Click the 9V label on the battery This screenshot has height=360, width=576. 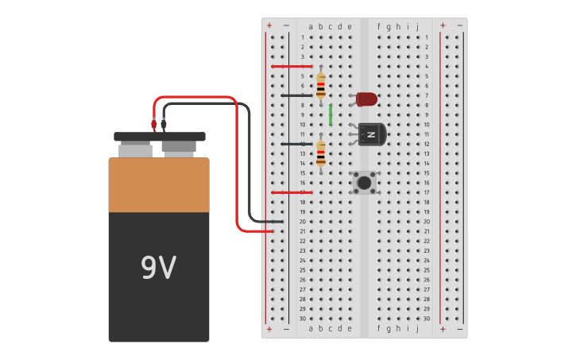click(158, 269)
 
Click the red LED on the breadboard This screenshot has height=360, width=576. click(366, 99)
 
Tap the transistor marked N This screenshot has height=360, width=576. click(371, 134)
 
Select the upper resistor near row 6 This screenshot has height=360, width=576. click(320, 85)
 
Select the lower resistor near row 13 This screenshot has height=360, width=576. click(320, 154)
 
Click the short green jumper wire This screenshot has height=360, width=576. click(331, 115)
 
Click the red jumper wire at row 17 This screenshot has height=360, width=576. click(291, 192)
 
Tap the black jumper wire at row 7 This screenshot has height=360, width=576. click(296, 95)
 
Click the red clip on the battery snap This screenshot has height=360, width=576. click(154, 124)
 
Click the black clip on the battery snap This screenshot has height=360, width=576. click(164, 124)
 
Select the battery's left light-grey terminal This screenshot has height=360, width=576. click(135, 149)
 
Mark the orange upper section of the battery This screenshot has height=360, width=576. click(159, 185)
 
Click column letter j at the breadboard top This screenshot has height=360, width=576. click(417, 26)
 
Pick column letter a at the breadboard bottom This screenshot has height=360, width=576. click(311, 327)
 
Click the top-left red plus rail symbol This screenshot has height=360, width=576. click(269, 25)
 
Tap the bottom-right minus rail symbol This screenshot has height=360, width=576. click(459, 328)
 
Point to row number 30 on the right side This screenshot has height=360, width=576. click(427, 318)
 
